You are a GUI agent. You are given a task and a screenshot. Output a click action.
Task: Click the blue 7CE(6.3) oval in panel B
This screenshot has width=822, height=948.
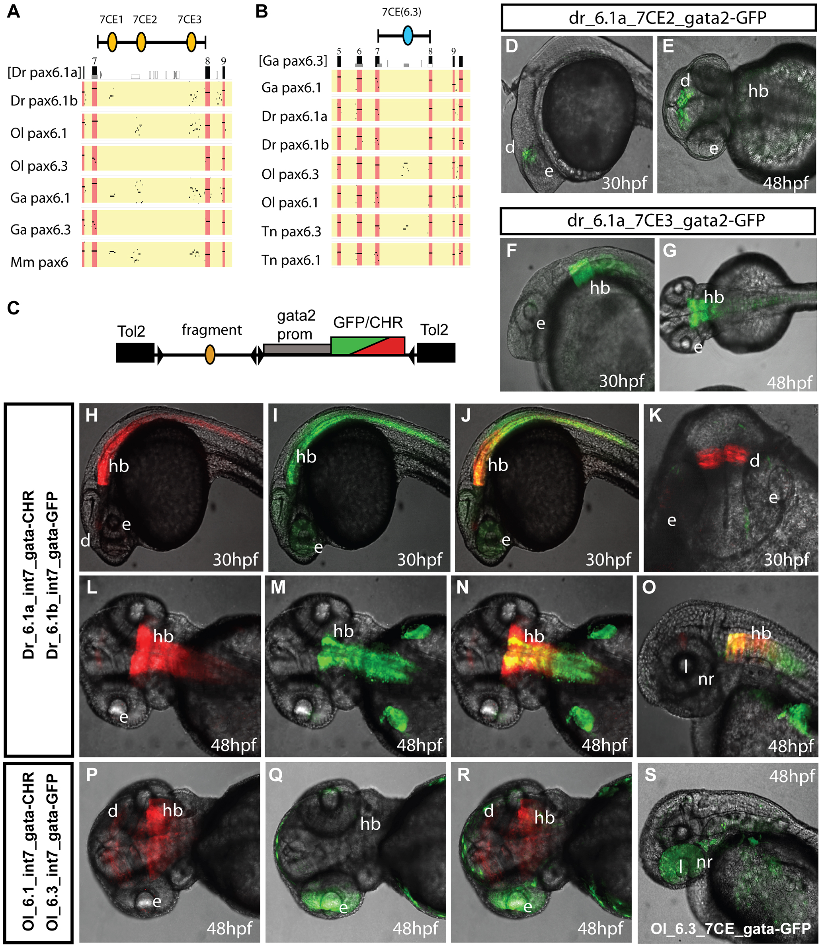coord(407,35)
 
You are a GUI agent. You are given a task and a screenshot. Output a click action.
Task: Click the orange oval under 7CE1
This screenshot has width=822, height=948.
coord(112,42)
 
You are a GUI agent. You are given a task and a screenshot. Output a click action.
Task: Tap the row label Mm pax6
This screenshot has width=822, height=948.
coord(39,262)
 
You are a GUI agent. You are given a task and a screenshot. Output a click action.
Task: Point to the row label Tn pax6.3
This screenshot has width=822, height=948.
coord(291,232)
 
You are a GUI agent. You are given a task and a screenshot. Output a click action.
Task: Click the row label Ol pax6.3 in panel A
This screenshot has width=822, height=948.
coord(39,166)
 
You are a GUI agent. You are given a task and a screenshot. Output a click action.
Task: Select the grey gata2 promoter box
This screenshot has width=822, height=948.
coord(297,349)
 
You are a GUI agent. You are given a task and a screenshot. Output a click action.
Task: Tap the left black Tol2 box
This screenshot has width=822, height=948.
coord(135,352)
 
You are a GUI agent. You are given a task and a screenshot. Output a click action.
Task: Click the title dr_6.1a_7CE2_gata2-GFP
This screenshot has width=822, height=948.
coord(658,18)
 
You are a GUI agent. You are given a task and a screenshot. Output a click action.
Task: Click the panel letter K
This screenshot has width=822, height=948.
coord(655,415)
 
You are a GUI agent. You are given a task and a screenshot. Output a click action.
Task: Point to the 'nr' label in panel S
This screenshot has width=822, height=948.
coord(705,862)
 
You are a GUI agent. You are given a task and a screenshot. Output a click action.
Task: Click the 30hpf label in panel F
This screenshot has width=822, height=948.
coord(621,380)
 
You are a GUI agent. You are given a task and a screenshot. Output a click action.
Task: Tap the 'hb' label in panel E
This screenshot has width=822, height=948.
coord(758,91)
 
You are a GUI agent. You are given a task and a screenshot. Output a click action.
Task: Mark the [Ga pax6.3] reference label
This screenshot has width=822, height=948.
coord(293,61)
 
